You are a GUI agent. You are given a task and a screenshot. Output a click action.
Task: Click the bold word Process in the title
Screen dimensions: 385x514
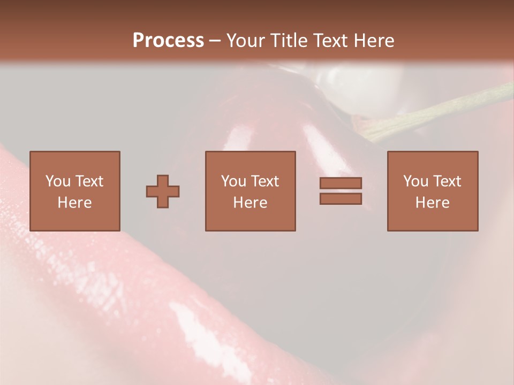tap(168, 41)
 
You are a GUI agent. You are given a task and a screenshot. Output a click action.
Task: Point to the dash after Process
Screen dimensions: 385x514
tap(215, 41)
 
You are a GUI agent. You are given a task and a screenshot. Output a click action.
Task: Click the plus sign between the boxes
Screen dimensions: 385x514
tap(163, 191)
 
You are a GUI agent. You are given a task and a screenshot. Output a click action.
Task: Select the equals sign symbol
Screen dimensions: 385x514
tap(341, 191)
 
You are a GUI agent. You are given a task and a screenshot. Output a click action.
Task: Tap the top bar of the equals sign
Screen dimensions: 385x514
tap(341, 183)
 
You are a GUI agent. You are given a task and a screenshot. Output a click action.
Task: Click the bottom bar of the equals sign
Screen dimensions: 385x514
tap(341, 199)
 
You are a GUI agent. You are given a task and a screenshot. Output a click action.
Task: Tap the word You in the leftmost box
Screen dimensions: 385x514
tap(58, 181)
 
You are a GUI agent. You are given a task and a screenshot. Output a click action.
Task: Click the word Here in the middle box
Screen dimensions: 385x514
tap(250, 203)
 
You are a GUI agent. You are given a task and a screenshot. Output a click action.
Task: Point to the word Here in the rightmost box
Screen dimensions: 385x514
tap(432, 203)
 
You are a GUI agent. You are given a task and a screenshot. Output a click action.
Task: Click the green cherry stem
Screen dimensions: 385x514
tap(439, 112)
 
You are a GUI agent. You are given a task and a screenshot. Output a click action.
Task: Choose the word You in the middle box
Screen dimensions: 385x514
tap(233, 181)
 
